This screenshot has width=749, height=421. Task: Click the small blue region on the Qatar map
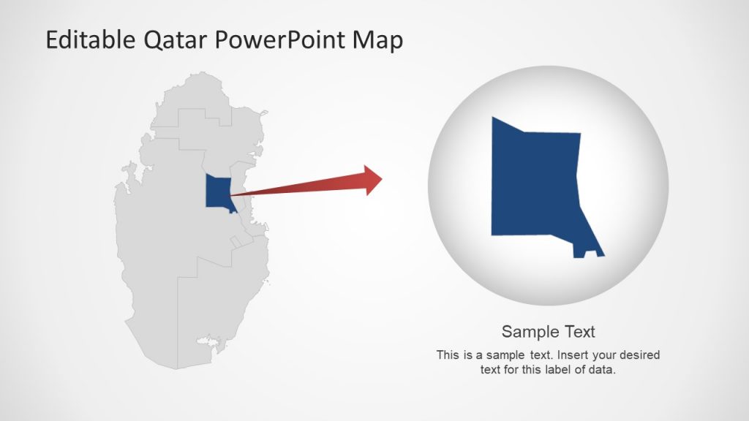(x=218, y=192)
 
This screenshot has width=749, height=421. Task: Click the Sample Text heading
(x=548, y=331)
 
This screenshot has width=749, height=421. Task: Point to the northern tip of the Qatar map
(x=198, y=74)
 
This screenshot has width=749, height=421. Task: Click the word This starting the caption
(x=448, y=355)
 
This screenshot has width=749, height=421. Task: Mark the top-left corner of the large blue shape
(x=494, y=119)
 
